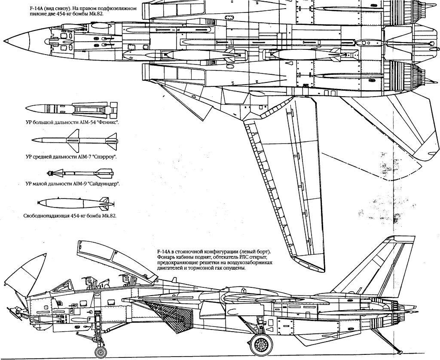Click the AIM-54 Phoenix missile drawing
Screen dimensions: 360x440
[71, 110]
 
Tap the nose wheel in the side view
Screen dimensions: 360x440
[100, 352]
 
